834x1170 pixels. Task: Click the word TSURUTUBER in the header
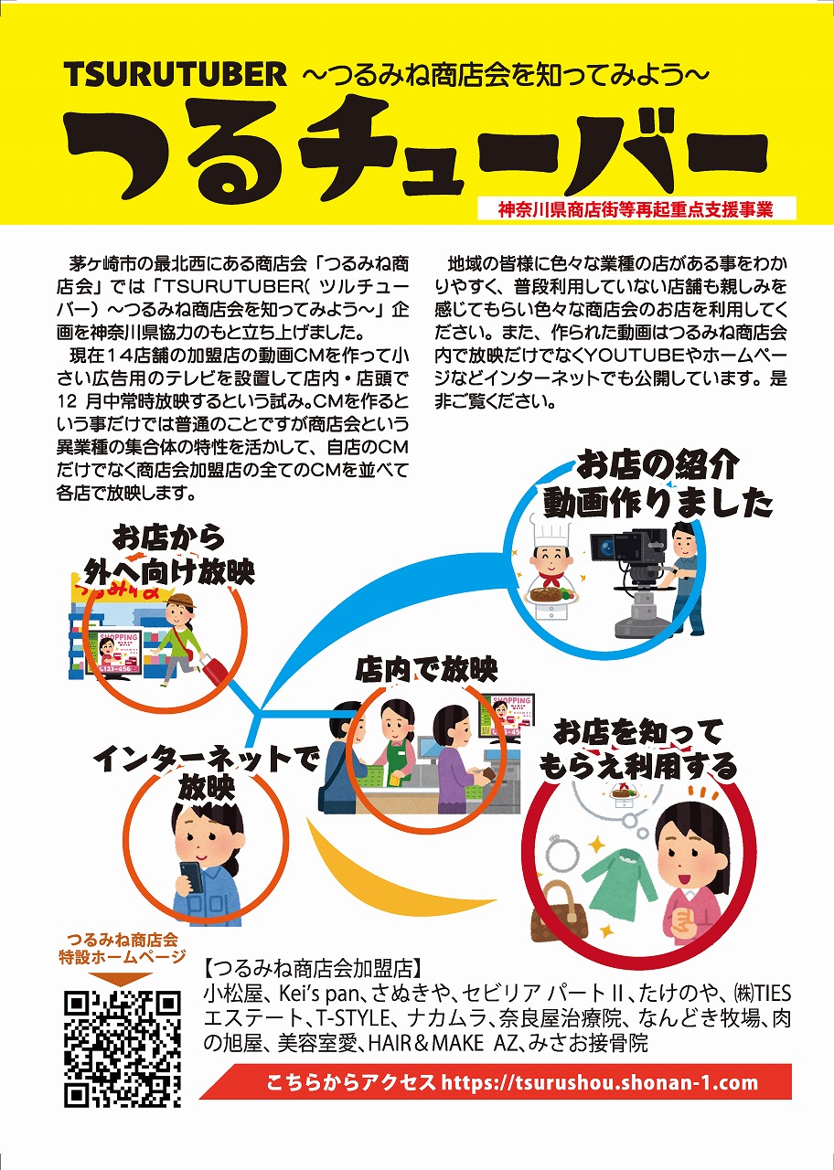tap(176, 75)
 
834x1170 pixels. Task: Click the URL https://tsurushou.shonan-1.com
tap(599, 1082)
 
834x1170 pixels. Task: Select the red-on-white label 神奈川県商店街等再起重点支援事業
tap(636, 210)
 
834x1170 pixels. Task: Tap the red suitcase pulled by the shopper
tap(213, 670)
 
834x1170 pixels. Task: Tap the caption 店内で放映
tap(426, 670)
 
